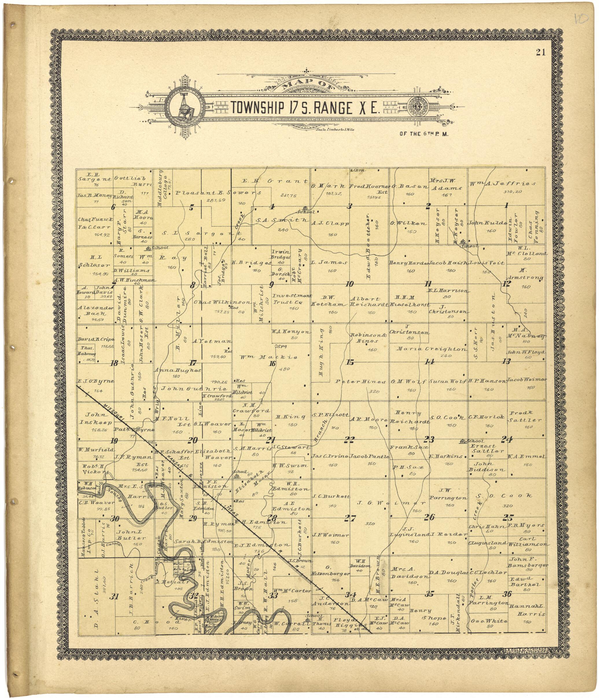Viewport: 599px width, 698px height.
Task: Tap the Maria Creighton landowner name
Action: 432,349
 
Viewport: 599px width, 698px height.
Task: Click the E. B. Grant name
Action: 276,181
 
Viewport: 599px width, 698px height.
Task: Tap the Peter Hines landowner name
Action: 360,382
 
